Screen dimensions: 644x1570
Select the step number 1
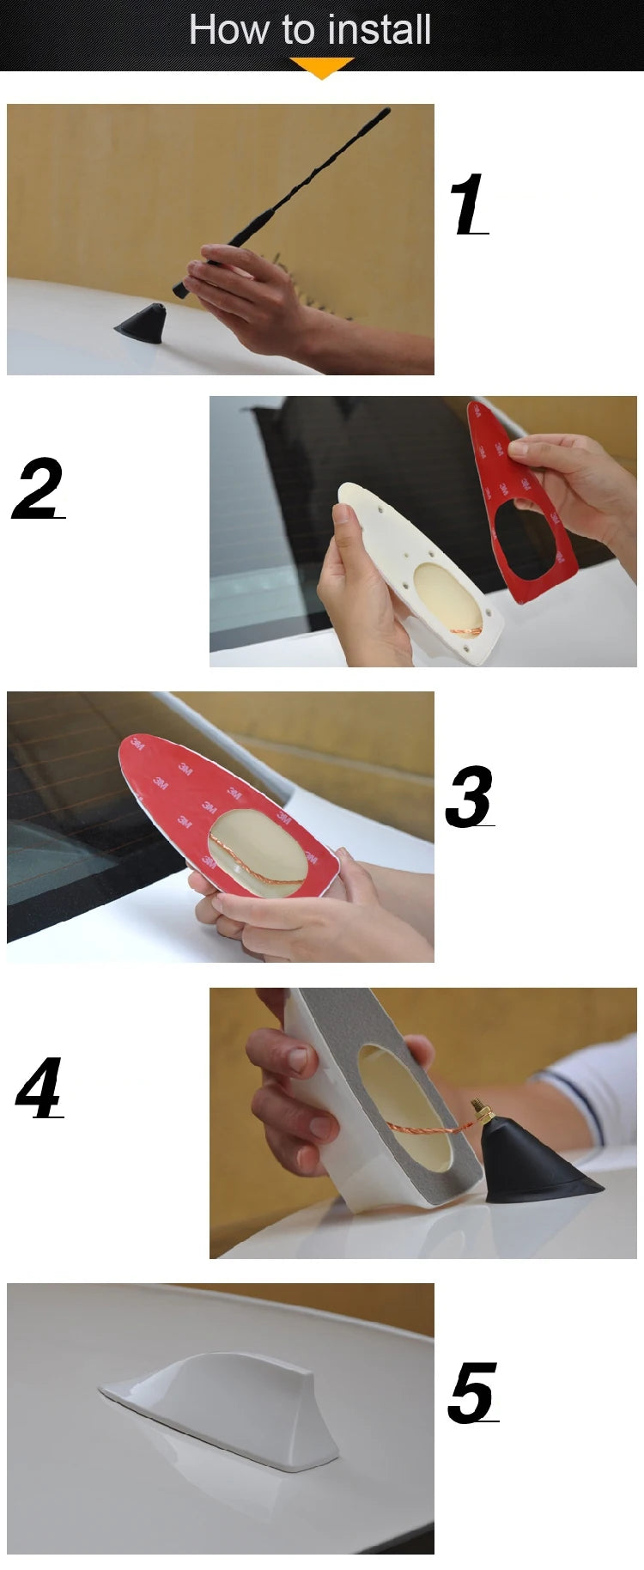click(x=469, y=204)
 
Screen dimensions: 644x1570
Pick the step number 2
click(x=39, y=488)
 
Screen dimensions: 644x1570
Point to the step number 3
click(x=470, y=796)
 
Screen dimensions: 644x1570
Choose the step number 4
click(x=39, y=1088)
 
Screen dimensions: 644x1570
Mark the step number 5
click(x=473, y=1392)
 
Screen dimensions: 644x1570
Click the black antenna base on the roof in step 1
click(x=142, y=324)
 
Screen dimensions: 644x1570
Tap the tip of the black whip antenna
click(x=387, y=110)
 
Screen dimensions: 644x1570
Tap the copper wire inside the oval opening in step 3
click(x=255, y=861)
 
